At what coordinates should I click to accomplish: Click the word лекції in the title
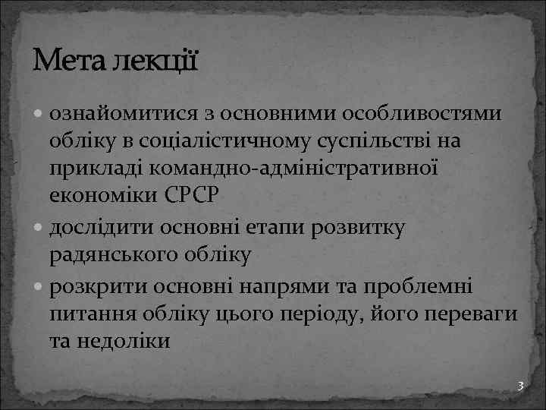(155, 59)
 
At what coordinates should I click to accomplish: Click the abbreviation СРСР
(191, 196)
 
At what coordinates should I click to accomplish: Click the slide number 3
(520, 386)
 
